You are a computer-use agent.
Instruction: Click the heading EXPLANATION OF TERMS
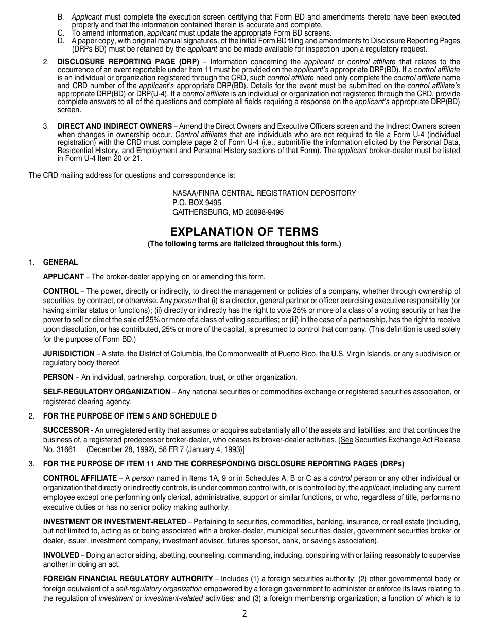(x=244, y=232)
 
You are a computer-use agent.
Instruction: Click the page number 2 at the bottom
(x=244, y=614)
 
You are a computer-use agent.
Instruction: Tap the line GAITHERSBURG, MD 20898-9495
(x=228, y=212)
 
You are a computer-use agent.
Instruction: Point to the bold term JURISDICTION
(x=68, y=354)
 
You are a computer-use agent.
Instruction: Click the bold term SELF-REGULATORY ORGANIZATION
(x=107, y=392)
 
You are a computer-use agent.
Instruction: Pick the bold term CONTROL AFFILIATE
(x=80, y=479)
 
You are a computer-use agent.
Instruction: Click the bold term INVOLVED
(x=61, y=555)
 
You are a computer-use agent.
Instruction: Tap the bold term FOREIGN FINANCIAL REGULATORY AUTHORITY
(x=128, y=579)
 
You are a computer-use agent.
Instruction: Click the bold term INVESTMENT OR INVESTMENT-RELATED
(x=114, y=522)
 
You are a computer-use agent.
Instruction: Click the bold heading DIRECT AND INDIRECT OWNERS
(x=114, y=126)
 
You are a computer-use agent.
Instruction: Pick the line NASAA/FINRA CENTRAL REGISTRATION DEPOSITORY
(x=264, y=193)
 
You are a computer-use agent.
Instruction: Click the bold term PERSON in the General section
(x=58, y=377)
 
